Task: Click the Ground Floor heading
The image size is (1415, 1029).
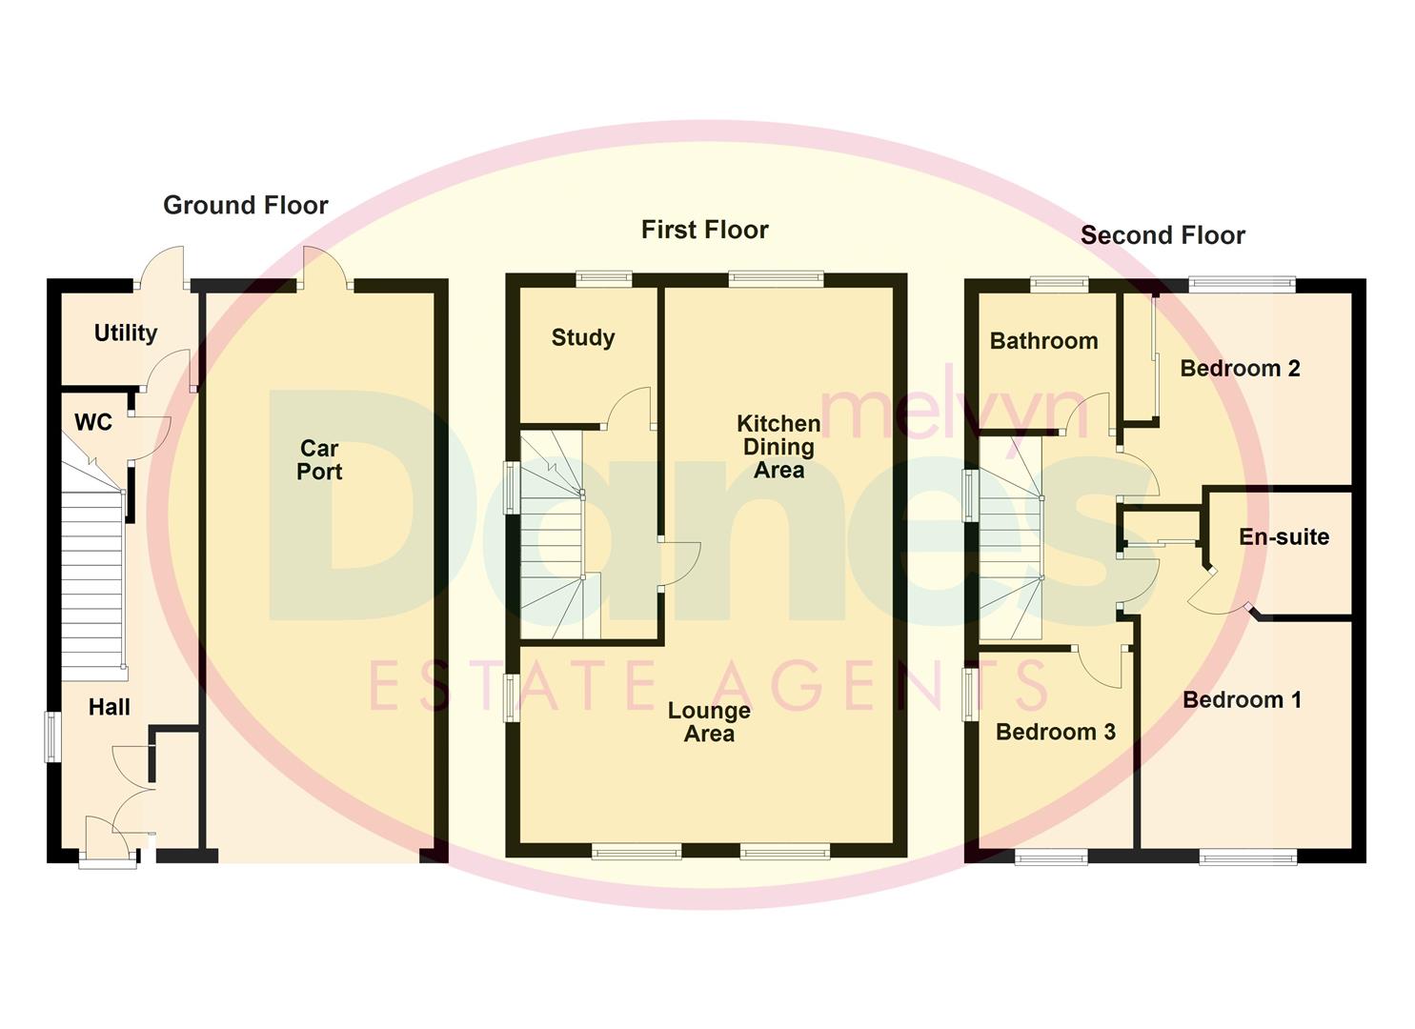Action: pyautogui.click(x=245, y=205)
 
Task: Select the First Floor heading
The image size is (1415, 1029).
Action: pyautogui.click(x=704, y=230)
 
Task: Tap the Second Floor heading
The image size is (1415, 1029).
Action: pyautogui.click(x=1162, y=235)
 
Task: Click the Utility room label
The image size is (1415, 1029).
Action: pyautogui.click(x=125, y=333)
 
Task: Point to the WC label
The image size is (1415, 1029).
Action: pyautogui.click(x=92, y=422)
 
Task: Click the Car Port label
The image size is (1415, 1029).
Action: pyautogui.click(x=319, y=459)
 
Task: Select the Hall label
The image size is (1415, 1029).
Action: pyautogui.click(x=109, y=707)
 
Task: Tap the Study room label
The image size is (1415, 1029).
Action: pyautogui.click(x=582, y=337)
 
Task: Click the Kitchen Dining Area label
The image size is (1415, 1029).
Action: pyautogui.click(x=778, y=446)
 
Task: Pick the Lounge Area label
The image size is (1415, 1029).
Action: pyautogui.click(x=709, y=721)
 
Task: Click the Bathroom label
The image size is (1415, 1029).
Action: pyautogui.click(x=1043, y=341)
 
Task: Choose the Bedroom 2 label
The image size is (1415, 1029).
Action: pyautogui.click(x=1239, y=369)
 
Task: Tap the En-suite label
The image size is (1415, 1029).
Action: pyautogui.click(x=1284, y=536)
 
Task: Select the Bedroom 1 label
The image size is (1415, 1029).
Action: pyautogui.click(x=1242, y=699)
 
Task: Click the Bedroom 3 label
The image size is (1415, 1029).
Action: pyautogui.click(x=1055, y=732)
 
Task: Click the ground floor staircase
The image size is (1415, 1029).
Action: pyautogui.click(x=93, y=572)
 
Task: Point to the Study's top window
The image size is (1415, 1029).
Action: pyautogui.click(x=603, y=279)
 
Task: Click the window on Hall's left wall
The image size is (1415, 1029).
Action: pyautogui.click(x=52, y=736)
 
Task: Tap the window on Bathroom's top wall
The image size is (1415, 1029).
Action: pyautogui.click(x=1059, y=283)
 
